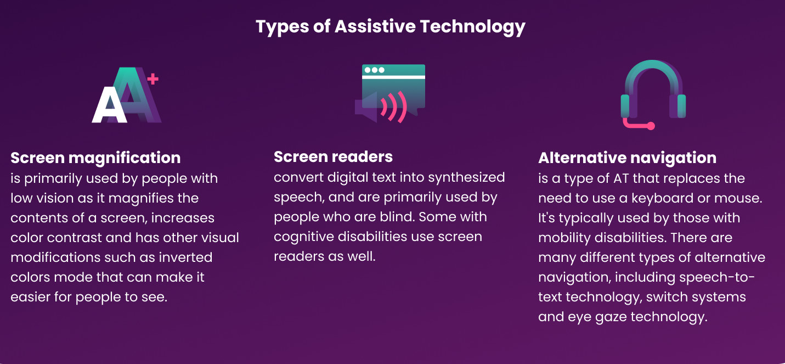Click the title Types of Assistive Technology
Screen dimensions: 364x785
tap(391, 26)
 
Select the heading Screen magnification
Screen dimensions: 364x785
tap(95, 158)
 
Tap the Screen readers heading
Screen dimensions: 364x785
tap(333, 156)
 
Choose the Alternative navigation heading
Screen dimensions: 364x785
tap(627, 158)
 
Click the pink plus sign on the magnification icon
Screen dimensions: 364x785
tap(153, 80)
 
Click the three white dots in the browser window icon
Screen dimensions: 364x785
tap(375, 70)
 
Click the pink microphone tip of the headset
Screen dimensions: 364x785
tap(651, 126)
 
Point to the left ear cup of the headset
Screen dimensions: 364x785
tap(625, 106)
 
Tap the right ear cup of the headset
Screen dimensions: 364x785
tap(681, 106)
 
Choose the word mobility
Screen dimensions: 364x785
tap(564, 238)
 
